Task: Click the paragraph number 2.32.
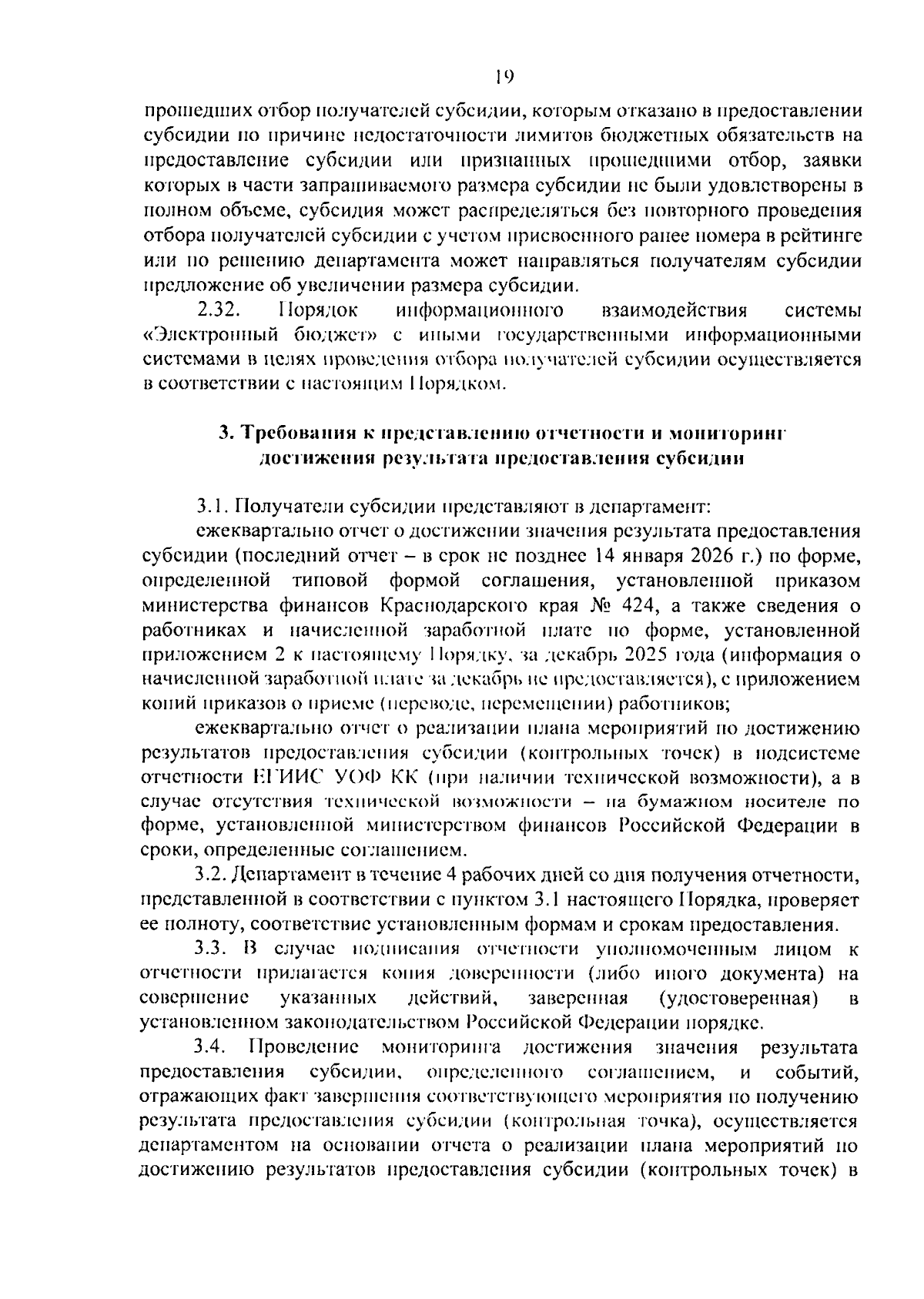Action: [219, 310]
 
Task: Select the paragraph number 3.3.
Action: [210, 948]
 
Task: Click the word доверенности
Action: [511, 973]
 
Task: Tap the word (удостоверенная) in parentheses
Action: [738, 998]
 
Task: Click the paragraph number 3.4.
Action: [210, 1047]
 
